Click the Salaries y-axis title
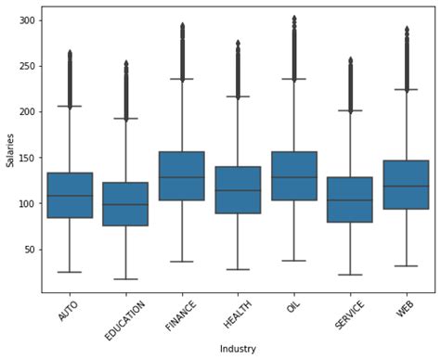[10, 149]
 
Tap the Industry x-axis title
[238, 349]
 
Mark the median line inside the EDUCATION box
[125, 204]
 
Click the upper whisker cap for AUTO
[70, 107]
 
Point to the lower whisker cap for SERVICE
[350, 275]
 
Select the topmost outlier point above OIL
[294, 18]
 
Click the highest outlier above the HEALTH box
[238, 42]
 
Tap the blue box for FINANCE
[182, 175]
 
